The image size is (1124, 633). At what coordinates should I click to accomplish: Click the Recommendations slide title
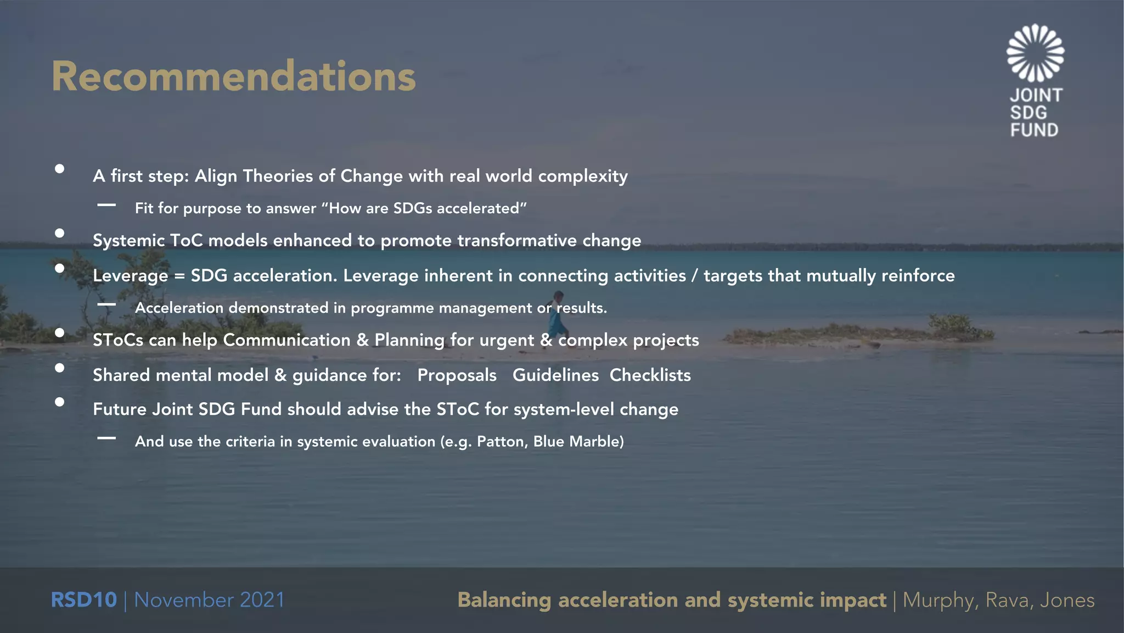point(234,76)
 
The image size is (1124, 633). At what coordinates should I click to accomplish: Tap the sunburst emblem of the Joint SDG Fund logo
point(1035,53)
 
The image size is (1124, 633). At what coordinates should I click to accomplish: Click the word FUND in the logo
point(1034,130)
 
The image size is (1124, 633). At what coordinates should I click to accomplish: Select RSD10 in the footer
point(83,599)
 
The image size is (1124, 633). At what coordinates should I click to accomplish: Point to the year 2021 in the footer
point(262,599)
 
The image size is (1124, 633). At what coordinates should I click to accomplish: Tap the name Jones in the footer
point(1067,600)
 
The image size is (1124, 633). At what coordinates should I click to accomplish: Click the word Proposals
point(457,375)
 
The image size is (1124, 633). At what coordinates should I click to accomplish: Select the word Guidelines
point(555,375)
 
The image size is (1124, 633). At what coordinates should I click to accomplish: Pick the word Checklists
point(650,375)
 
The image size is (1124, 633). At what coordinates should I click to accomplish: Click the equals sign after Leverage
point(179,276)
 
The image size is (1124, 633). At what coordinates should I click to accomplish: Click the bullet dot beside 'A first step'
point(60,169)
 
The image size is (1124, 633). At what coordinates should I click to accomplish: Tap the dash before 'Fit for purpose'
point(106,205)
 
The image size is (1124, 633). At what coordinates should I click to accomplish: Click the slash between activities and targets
point(695,276)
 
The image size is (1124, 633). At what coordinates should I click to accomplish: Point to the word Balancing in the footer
point(504,600)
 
